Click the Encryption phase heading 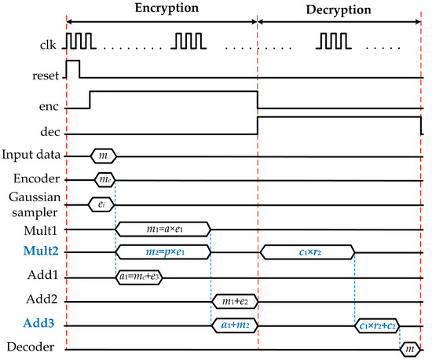coord(163,9)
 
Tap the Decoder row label coord(32,347)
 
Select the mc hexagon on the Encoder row coord(105,179)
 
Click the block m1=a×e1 coord(163,229)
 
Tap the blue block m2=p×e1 coord(163,252)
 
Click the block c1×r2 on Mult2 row coord(307,253)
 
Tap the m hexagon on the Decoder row coord(409,347)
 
